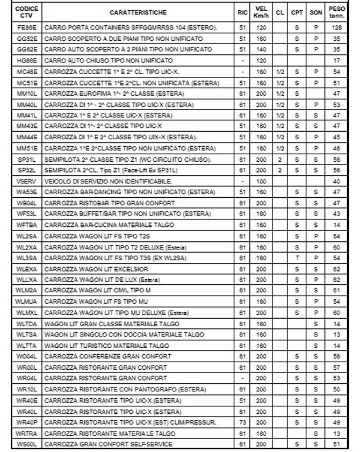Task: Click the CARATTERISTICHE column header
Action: click(x=138, y=12)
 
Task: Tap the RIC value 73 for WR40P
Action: click(x=242, y=422)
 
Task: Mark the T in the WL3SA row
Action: click(x=297, y=258)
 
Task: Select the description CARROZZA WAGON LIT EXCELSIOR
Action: click(x=97, y=269)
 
